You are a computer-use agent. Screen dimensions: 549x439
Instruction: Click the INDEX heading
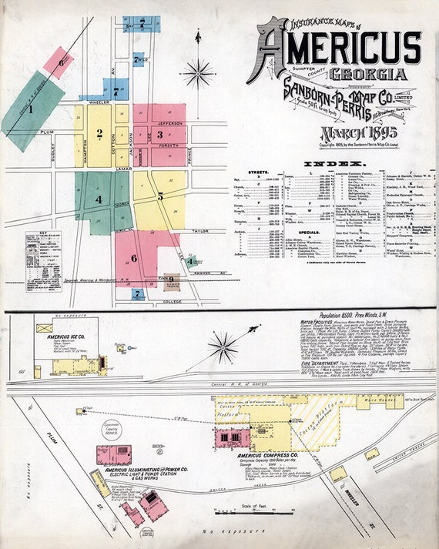pyautogui.click(x=333, y=164)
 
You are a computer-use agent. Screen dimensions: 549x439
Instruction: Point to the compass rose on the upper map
pyautogui.click(x=199, y=73)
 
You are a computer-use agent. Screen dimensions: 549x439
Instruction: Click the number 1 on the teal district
pyautogui.click(x=32, y=109)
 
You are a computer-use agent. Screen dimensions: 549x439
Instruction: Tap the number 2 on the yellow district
pyautogui.click(x=99, y=132)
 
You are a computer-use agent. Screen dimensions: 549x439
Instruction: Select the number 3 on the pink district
pyautogui.click(x=160, y=134)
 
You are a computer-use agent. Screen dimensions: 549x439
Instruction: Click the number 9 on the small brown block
pyautogui.click(x=171, y=279)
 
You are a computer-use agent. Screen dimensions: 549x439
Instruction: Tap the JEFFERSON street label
pyautogui.click(x=170, y=123)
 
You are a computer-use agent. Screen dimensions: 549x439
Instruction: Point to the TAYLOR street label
pyautogui.click(x=199, y=231)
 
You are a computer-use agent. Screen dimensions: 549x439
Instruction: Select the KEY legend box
pyautogui.click(x=44, y=260)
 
